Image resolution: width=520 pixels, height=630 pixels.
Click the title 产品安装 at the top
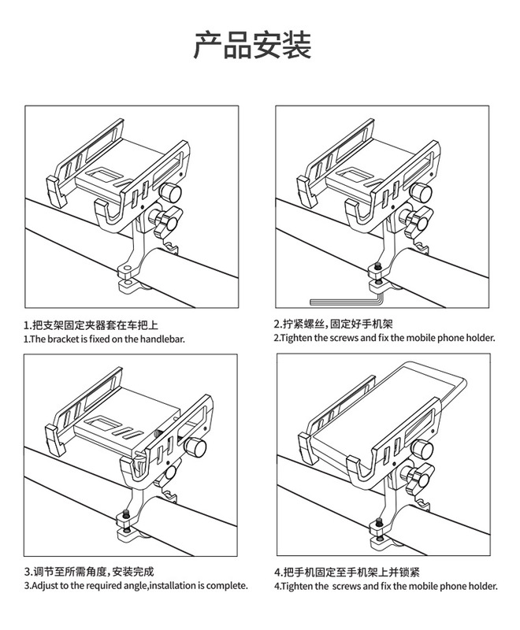point(253,46)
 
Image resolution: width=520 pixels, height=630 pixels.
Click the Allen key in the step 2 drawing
point(347,299)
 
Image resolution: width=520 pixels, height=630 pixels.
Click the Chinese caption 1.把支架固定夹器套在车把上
point(91,324)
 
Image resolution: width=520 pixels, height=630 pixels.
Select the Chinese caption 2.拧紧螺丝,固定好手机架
point(338,324)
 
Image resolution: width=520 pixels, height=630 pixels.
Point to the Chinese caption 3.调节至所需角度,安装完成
point(89,573)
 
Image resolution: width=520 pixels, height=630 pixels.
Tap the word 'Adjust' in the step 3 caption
point(46,587)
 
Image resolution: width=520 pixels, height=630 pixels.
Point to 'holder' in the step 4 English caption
point(479,587)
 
